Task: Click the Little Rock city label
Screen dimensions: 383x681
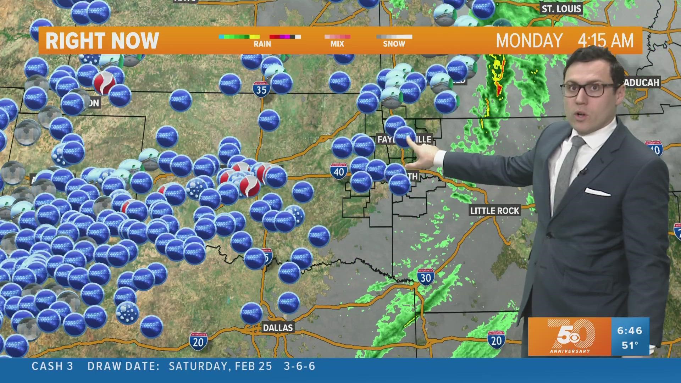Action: click(494, 211)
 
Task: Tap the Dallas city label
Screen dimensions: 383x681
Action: click(278, 327)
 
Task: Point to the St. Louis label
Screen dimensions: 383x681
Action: click(561, 9)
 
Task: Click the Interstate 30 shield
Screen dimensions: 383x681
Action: click(425, 277)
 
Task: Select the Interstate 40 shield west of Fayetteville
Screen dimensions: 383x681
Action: click(339, 171)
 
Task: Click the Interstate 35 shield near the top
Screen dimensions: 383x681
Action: click(261, 89)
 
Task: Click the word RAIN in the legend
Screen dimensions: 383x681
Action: click(262, 44)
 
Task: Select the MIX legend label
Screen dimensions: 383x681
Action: click(337, 44)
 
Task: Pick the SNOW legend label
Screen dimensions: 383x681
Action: click(394, 44)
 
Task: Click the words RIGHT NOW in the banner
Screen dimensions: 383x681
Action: click(102, 41)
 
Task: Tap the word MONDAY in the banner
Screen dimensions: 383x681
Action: click(529, 41)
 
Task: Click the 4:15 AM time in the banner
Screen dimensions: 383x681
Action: click(605, 41)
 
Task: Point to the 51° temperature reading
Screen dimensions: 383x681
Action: click(630, 345)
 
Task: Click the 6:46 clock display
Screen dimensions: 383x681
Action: click(630, 331)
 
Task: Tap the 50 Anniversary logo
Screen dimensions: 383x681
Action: click(570, 336)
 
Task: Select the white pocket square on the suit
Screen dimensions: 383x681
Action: click(597, 193)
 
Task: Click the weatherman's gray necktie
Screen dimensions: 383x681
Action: click(569, 167)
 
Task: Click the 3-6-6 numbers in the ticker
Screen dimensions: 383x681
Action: click(300, 366)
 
